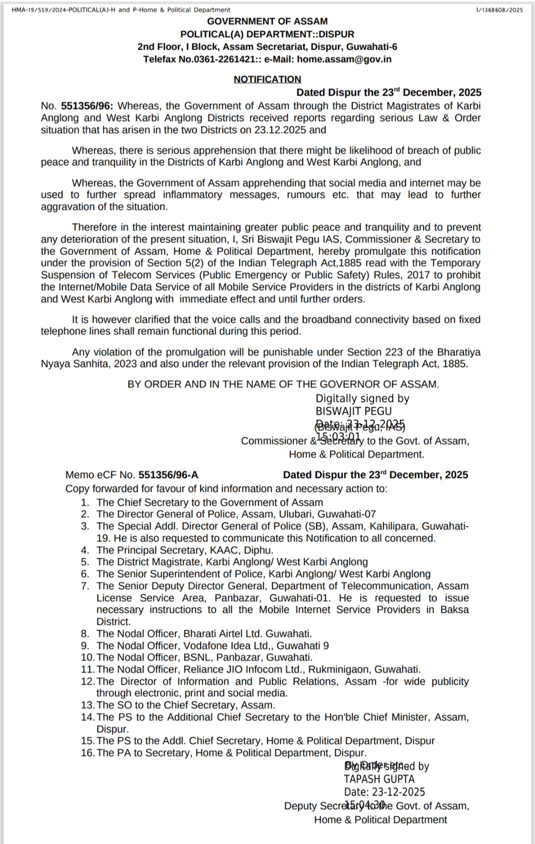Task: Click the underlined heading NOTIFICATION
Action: [267, 79]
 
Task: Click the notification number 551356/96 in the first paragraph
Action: [87, 106]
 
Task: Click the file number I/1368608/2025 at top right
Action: [498, 10]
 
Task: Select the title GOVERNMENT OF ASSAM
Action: [267, 21]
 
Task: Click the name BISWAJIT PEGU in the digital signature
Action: [354, 412]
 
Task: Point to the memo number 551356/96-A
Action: [168, 475]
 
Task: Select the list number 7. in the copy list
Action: [85, 586]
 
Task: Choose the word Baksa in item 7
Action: [454, 610]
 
